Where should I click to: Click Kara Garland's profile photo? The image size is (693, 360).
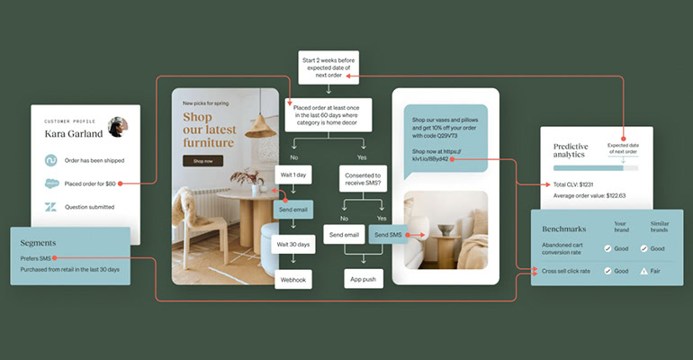[117, 127]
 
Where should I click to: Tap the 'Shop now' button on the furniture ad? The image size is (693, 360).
[202, 161]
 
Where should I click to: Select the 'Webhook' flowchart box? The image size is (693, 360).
[293, 280]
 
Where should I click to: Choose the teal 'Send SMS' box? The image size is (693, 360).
[388, 236]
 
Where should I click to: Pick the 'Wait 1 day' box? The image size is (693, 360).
[293, 175]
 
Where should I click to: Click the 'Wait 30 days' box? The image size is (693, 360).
[293, 245]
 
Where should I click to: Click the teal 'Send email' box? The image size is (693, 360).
[293, 210]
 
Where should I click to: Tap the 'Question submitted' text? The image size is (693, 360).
[93, 207]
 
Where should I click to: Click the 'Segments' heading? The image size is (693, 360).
[39, 242]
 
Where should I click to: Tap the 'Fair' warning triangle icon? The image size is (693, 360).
[643, 270]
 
